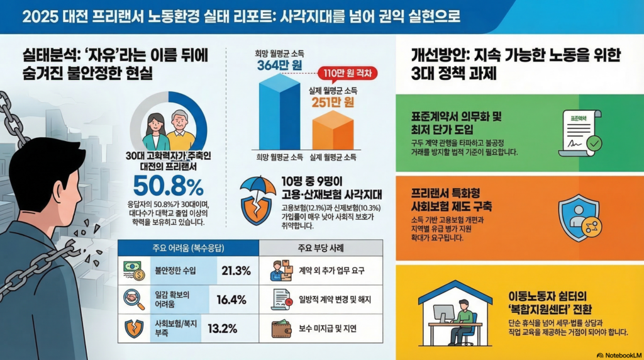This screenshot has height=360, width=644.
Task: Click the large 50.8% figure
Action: coord(168,186)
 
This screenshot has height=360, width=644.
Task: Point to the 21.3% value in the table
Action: coord(236,271)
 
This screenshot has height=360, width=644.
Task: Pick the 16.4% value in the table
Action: coord(231,300)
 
